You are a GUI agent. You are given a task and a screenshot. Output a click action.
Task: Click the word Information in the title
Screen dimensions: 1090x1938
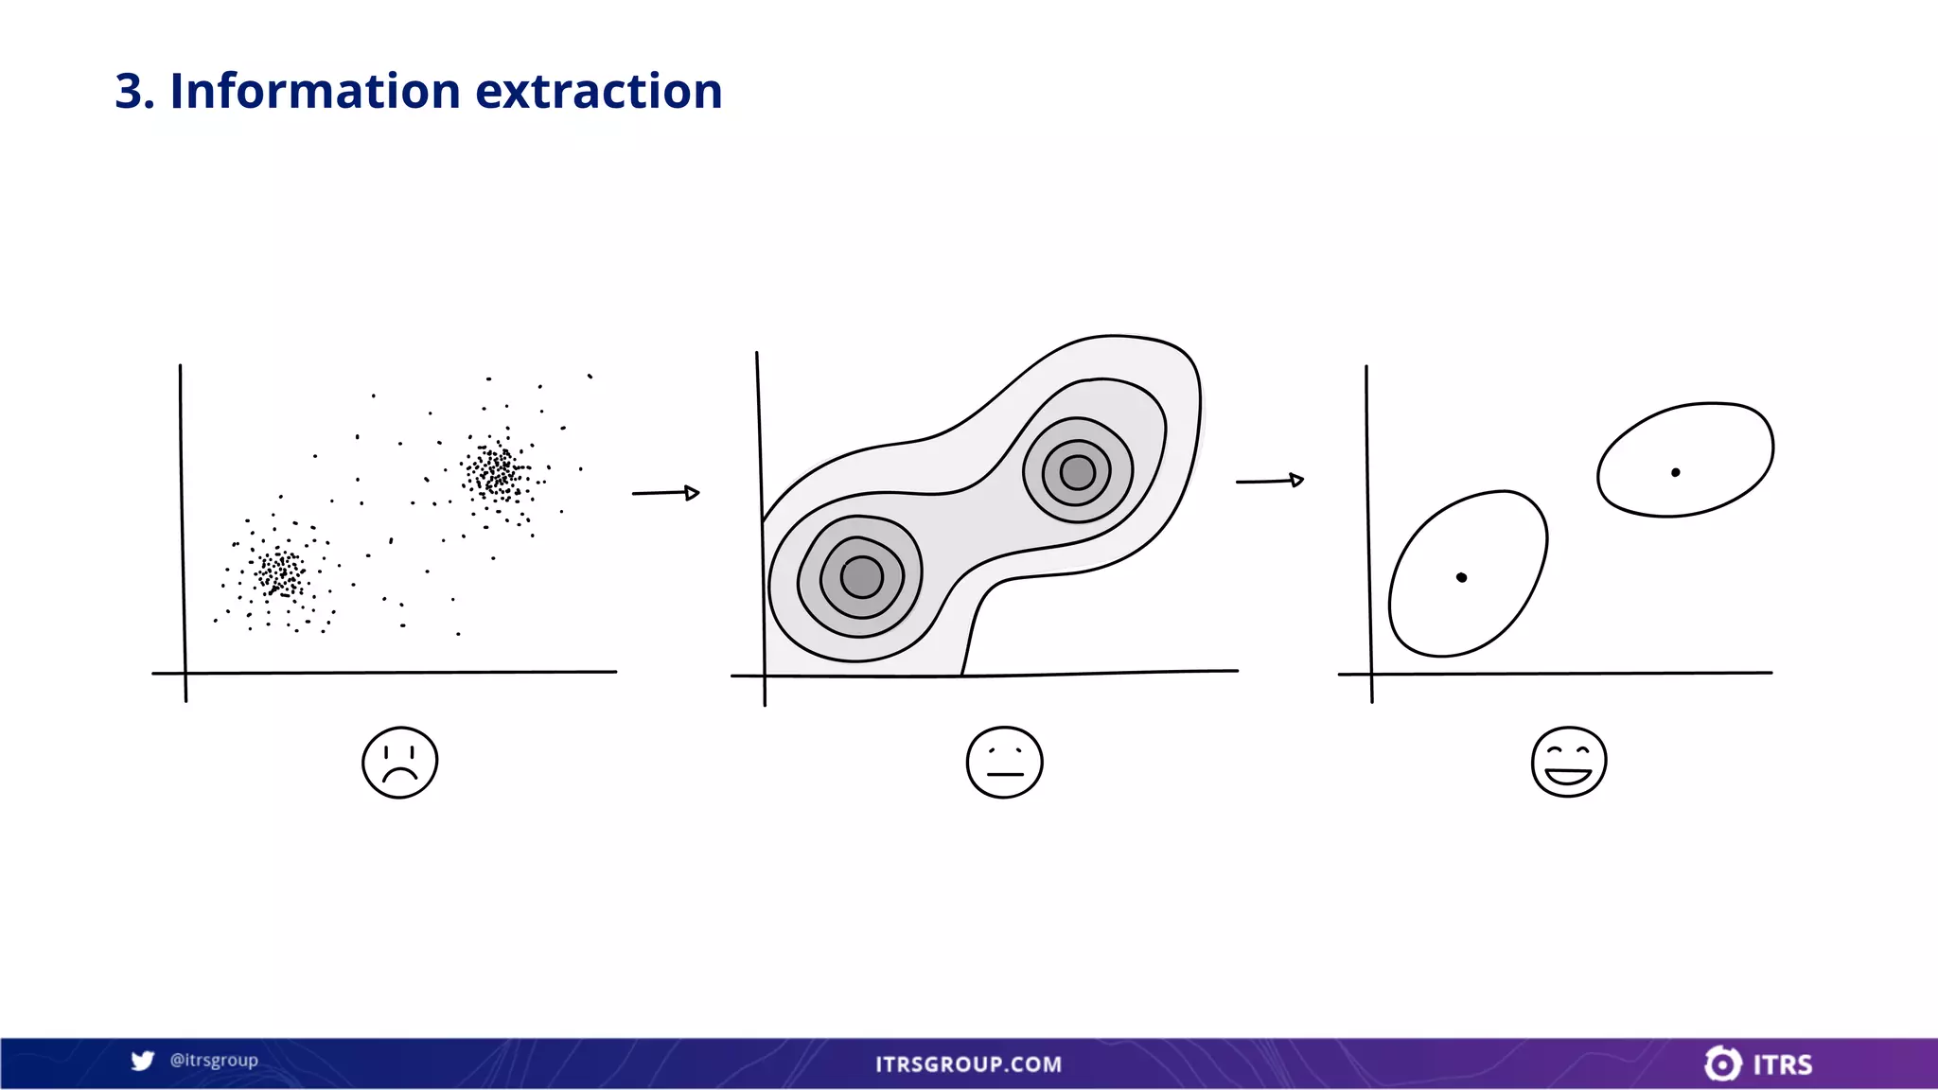314,92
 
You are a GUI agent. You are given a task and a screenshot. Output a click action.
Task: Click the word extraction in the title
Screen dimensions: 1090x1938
598,92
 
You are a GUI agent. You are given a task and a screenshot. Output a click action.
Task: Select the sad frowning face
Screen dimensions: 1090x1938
399,763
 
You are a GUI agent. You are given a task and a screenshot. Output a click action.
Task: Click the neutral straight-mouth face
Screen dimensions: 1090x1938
1004,763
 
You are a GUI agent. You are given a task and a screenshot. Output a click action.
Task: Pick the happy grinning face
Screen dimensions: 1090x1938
1568,763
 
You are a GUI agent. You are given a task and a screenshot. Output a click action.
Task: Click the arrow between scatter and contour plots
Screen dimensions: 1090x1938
665,493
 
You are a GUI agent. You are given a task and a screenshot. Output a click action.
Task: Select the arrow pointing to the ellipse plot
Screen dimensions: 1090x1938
1269,481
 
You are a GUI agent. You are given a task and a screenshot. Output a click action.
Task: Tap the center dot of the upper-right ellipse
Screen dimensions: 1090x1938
1675,472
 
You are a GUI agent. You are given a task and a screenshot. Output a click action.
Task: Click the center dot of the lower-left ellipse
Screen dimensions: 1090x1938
1461,577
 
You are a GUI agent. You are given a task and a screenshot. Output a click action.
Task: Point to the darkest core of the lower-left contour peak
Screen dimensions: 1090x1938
861,577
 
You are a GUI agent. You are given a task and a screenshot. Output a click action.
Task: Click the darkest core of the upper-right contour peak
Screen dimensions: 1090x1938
1077,472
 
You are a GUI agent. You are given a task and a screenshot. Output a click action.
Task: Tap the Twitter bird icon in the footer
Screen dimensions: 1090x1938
143,1061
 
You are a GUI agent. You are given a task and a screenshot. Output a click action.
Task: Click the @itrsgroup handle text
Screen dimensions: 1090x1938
214,1061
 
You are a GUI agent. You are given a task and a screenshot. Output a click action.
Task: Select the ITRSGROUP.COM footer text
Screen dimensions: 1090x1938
968,1064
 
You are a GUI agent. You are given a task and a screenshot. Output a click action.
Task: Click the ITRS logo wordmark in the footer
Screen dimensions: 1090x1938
1782,1065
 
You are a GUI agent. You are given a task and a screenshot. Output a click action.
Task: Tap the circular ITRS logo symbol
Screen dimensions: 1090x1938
1722,1064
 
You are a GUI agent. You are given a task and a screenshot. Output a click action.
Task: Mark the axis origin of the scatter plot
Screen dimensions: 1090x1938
185,673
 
